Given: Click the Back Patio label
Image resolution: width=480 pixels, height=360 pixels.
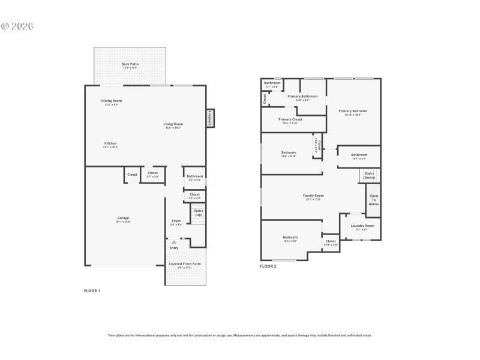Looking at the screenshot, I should click(130, 65).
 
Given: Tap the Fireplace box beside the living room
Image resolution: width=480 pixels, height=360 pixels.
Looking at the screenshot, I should click(209, 118).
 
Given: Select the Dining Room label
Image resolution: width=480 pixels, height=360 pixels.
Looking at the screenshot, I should click(112, 101).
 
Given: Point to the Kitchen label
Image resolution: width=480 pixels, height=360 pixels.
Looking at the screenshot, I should click(110, 144).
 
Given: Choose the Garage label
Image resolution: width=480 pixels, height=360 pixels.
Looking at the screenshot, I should click(123, 219).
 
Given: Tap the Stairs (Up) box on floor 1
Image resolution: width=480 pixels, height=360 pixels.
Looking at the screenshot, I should click(198, 213).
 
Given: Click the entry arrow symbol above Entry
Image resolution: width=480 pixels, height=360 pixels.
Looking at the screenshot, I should click(174, 242).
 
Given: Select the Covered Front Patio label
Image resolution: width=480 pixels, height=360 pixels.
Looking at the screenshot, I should click(185, 265).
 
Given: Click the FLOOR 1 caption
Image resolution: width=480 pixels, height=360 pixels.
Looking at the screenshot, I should click(92, 290).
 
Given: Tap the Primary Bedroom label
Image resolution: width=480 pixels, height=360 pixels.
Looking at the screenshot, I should click(352, 112).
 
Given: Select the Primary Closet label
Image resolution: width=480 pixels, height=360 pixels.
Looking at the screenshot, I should click(290, 120).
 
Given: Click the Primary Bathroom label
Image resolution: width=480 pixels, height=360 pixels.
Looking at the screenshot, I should click(302, 97).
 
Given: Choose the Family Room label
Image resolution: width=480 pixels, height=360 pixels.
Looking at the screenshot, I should click(313, 196).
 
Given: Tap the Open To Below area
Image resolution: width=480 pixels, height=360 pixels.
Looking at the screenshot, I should click(373, 200).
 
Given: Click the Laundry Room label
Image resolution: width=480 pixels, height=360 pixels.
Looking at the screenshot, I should click(362, 227).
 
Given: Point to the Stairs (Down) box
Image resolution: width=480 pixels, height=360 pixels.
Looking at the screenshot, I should click(369, 175).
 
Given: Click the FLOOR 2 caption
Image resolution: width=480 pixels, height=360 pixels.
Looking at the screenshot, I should click(268, 266).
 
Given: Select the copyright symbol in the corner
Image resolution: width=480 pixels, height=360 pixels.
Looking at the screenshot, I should click(5, 26).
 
